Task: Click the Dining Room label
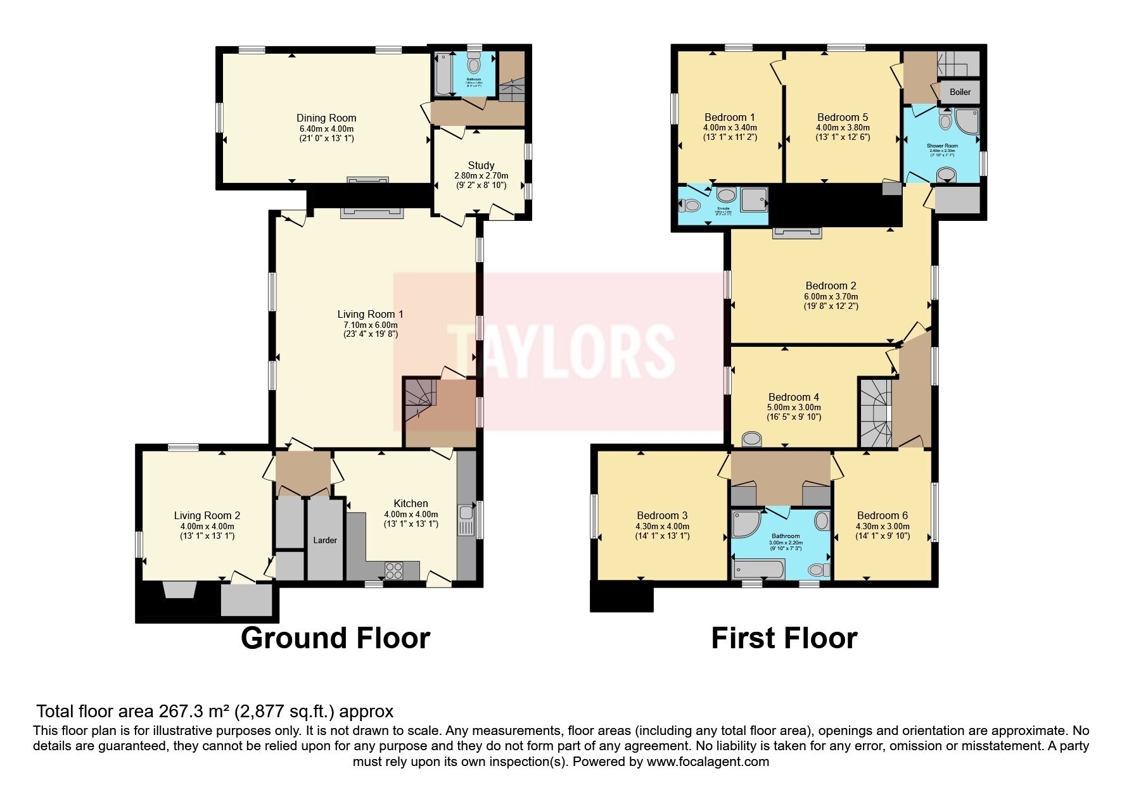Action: coord(326,118)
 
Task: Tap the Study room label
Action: coord(481,165)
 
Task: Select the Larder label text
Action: coord(326,540)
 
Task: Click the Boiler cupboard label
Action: coord(960,92)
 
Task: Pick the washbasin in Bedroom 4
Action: coord(752,438)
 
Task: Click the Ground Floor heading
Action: coord(335,637)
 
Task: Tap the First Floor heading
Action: coord(784,637)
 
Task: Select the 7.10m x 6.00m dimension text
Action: coord(370,325)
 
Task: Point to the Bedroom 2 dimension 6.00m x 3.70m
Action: coord(831,296)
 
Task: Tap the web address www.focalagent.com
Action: coord(708,762)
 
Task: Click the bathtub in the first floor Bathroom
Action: coord(758,569)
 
